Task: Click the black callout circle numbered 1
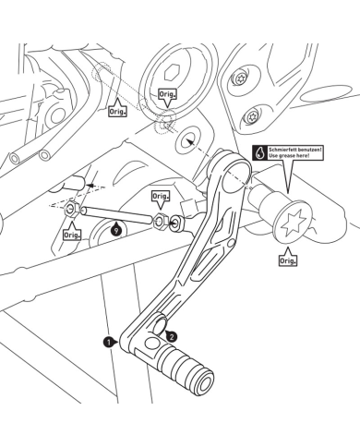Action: (x=109, y=341)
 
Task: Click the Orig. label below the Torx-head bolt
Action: (x=287, y=260)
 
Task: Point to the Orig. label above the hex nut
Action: (x=161, y=198)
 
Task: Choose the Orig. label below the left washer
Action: (x=72, y=235)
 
